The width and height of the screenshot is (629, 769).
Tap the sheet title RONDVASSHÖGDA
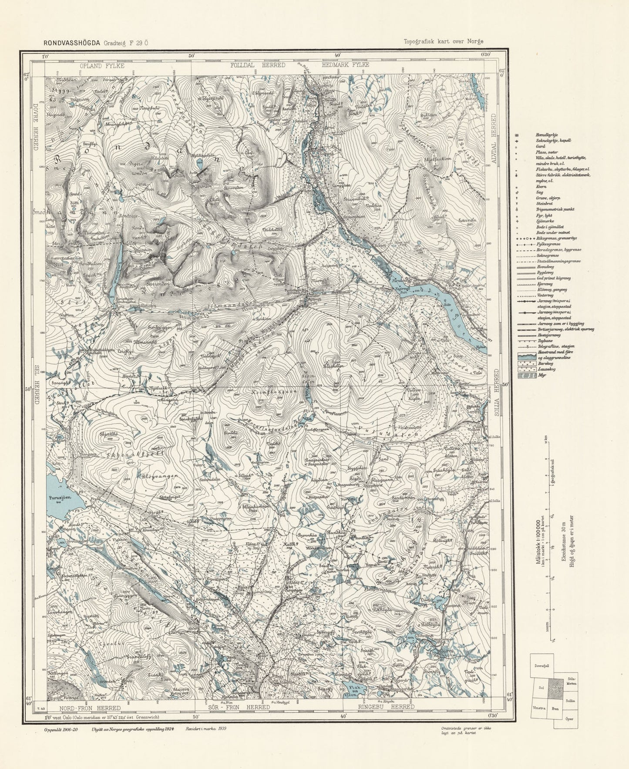click(71, 43)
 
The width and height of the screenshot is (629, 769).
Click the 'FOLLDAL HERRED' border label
click(258, 65)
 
